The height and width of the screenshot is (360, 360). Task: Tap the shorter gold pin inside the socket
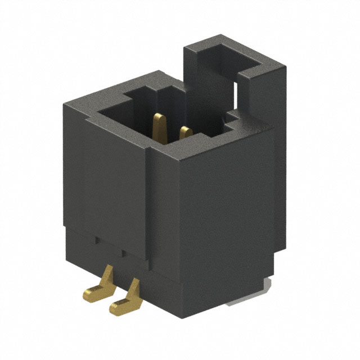pyautogui.click(x=183, y=134)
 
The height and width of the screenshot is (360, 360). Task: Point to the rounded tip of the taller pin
pyautogui.click(x=160, y=116)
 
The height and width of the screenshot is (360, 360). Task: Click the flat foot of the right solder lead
pyautogui.click(x=120, y=306)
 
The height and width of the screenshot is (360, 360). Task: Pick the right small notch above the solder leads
pyautogui.click(x=120, y=251)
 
